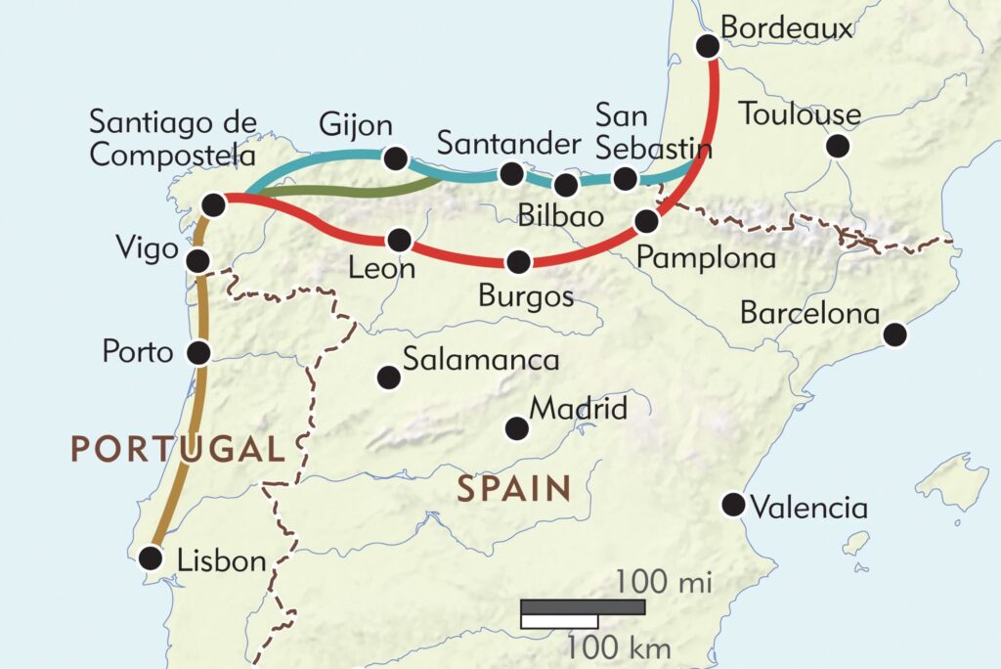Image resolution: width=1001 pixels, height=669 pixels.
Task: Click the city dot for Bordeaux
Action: pos(707,45)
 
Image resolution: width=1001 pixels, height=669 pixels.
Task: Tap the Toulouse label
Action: pos(800,114)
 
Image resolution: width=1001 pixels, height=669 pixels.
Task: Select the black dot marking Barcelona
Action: pos(894,335)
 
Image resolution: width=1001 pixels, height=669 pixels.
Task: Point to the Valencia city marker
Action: pos(732,505)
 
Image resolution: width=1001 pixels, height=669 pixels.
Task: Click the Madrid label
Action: pos(578,409)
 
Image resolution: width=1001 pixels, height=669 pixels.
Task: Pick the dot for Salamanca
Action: pos(388,376)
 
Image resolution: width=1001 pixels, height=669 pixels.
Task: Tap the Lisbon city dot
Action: pos(150,557)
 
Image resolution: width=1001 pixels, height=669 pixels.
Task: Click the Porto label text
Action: pos(138,352)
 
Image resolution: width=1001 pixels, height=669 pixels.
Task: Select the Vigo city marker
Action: pos(198,260)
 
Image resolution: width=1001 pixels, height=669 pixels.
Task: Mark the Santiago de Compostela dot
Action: pos(213,203)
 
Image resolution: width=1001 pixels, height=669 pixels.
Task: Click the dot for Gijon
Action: pos(396,158)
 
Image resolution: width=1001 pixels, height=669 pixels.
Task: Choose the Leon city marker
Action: pos(399,240)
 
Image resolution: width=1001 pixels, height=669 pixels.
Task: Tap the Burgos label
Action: pos(526,295)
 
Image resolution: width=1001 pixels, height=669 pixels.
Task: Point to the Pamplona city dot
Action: pos(645,221)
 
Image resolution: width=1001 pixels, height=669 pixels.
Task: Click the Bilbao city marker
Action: pos(565,184)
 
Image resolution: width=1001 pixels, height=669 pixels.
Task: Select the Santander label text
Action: pos(508,144)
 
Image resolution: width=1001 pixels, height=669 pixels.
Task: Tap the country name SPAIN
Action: pos(514,488)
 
